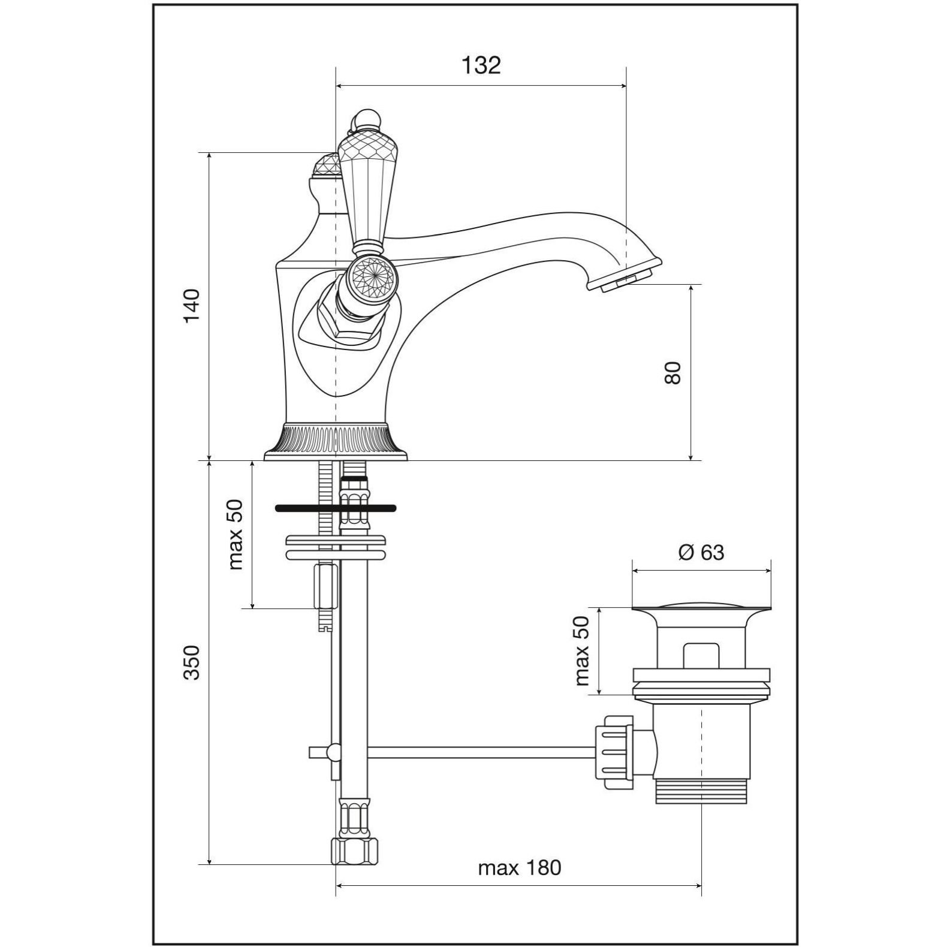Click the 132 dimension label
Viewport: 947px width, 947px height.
[481, 65]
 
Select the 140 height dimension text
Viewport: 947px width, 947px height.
[192, 306]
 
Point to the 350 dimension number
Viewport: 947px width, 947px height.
[191, 662]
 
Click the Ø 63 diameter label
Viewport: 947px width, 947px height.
[701, 552]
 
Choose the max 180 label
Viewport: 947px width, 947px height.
[520, 867]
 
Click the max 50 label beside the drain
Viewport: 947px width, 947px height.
[582, 651]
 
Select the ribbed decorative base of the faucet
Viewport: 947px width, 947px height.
[336, 441]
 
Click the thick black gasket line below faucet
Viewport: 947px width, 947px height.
[336, 508]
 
